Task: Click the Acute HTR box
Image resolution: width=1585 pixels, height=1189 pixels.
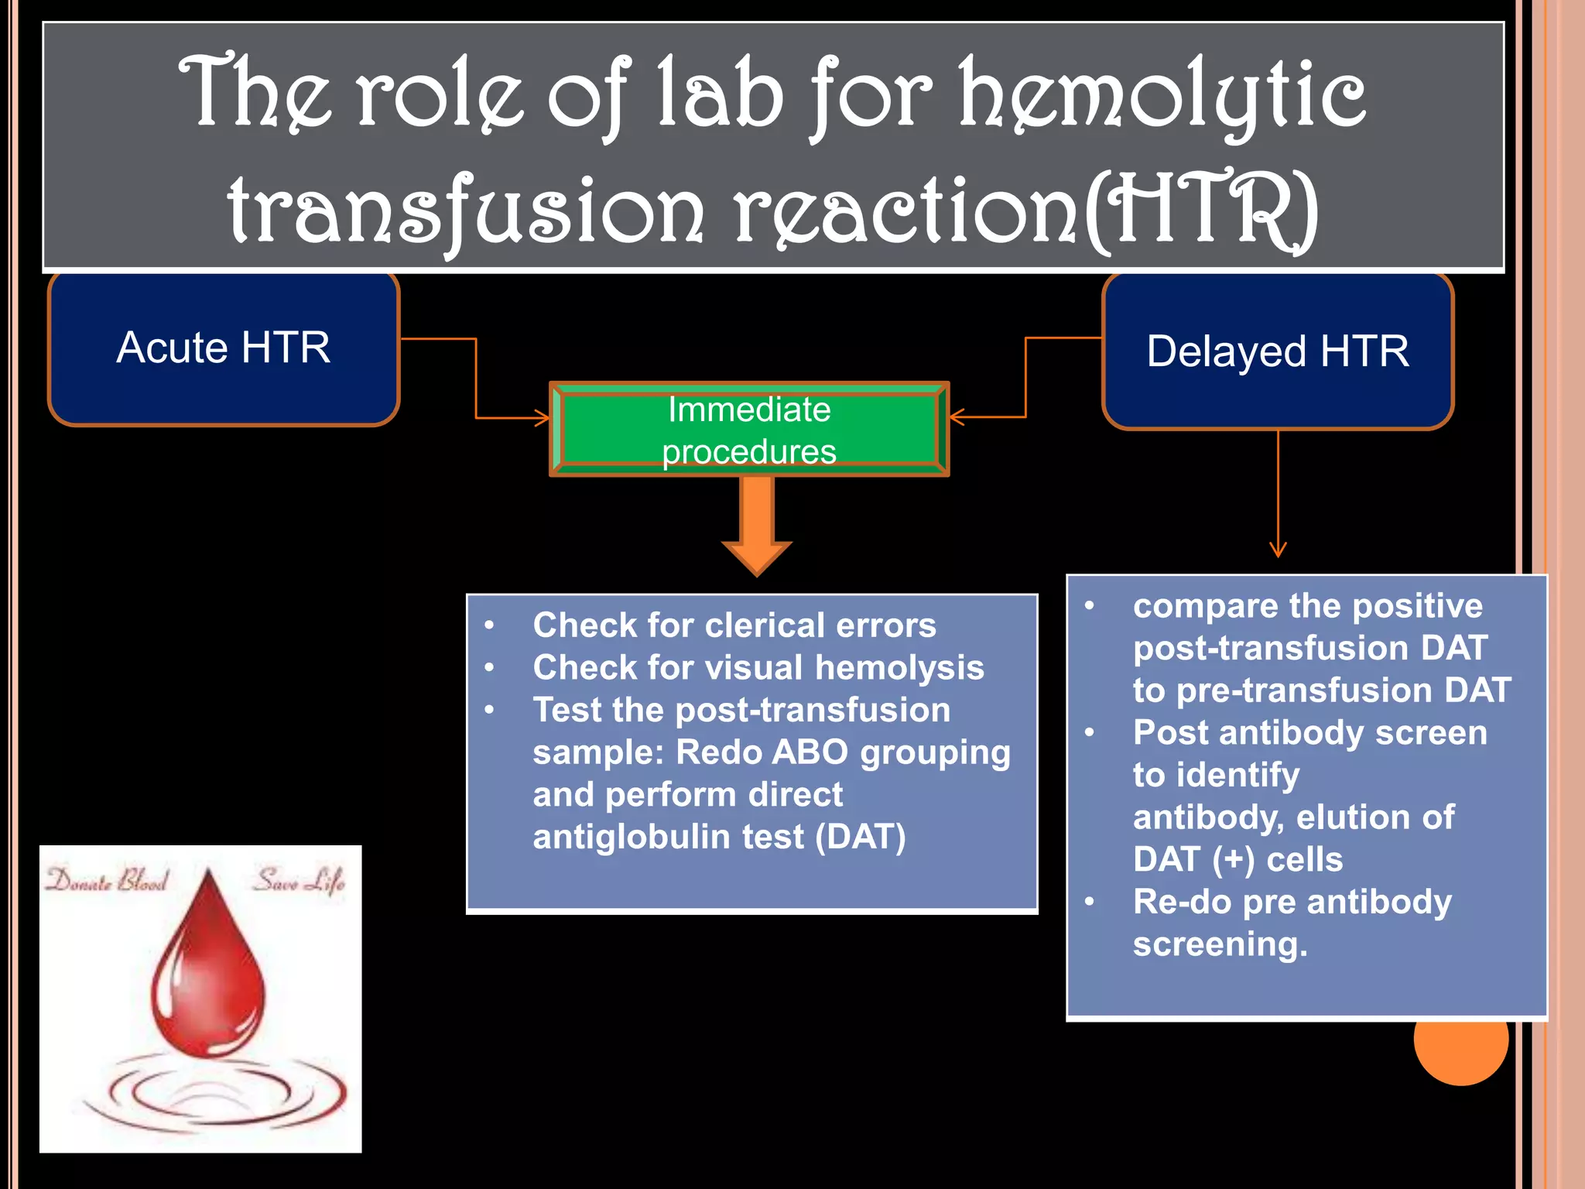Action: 224,348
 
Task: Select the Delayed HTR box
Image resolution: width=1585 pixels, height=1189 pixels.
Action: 1278,351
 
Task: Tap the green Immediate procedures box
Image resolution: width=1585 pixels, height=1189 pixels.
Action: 749,430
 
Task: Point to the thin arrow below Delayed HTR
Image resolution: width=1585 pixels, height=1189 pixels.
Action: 1278,495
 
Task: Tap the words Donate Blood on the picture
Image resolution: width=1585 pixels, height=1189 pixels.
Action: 107,881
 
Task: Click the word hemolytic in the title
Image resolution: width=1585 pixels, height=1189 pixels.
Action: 1161,94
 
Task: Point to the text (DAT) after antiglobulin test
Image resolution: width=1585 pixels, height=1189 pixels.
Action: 860,837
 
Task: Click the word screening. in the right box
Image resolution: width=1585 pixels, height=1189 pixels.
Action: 1220,944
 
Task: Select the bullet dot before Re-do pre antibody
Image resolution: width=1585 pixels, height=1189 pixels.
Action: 1090,902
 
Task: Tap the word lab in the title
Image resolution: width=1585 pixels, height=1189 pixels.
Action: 720,94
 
